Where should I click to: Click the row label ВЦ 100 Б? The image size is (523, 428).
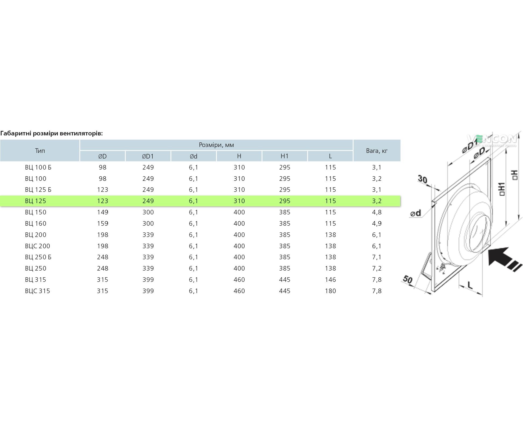point(38,167)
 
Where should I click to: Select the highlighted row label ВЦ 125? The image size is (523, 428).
point(35,201)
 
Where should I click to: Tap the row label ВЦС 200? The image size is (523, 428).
point(37,246)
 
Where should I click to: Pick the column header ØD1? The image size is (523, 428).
point(148,156)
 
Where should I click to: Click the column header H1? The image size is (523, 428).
point(284,156)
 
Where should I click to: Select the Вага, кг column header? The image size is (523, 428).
point(377,151)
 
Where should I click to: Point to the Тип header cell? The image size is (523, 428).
point(40,151)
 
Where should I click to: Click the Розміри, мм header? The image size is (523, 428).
point(216,145)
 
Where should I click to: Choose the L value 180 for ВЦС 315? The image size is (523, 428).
point(330,291)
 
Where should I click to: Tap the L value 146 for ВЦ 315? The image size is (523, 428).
point(330,280)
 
